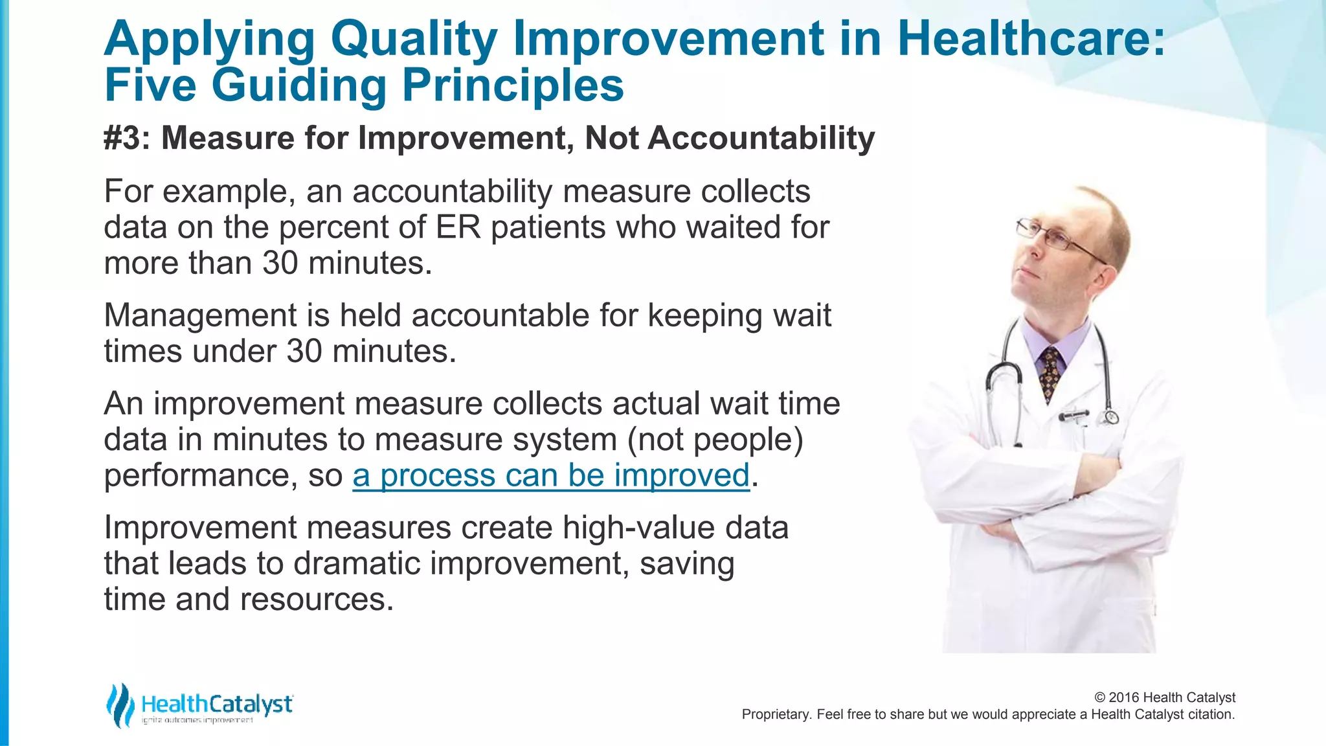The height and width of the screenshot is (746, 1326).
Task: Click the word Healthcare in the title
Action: pos(1031,39)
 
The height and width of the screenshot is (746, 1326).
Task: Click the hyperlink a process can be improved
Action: pos(551,475)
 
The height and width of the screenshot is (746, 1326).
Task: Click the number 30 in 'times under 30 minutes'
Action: pos(304,351)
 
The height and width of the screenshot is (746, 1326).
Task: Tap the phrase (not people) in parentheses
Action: pos(715,440)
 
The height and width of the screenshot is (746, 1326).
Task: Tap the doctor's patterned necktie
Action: pos(1050,372)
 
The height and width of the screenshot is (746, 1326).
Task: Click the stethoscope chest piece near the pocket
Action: pos(1111,417)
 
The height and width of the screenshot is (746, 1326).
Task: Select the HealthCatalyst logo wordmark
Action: pos(217,704)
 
